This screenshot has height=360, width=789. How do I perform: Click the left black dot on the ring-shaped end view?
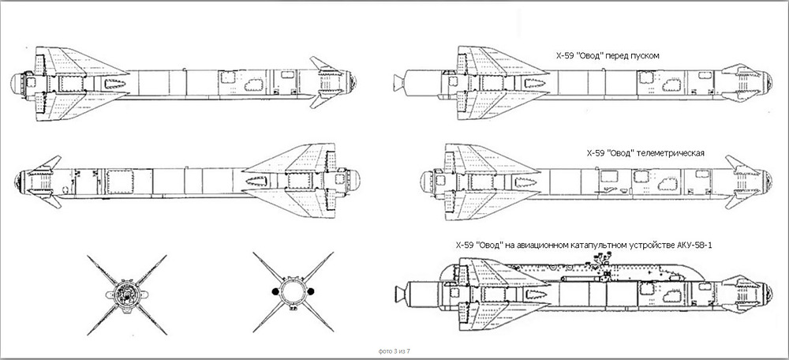point(275,291)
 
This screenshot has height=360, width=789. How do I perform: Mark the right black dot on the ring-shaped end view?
point(310,291)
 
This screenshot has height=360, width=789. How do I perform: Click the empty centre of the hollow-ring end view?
point(293,292)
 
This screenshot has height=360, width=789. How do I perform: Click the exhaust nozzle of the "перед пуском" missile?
point(399,81)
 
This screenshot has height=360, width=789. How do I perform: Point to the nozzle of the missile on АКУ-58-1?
point(399,291)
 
